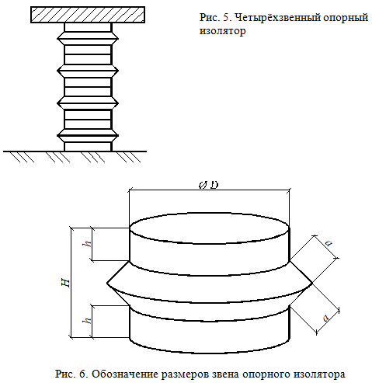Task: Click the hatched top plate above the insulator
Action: (88, 15)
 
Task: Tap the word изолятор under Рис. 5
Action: (223, 31)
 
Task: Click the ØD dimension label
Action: (209, 185)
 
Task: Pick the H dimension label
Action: (67, 283)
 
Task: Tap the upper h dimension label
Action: (89, 244)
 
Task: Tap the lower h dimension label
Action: (89, 321)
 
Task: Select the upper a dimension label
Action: (329, 243)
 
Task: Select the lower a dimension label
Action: (327, 318)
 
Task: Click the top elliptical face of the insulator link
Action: (210, 228)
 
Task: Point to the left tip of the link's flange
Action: (107, 283)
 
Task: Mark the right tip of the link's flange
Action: (312, 284)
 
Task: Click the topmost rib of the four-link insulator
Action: (88, 38)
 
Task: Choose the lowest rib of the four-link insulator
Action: (88, 135)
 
